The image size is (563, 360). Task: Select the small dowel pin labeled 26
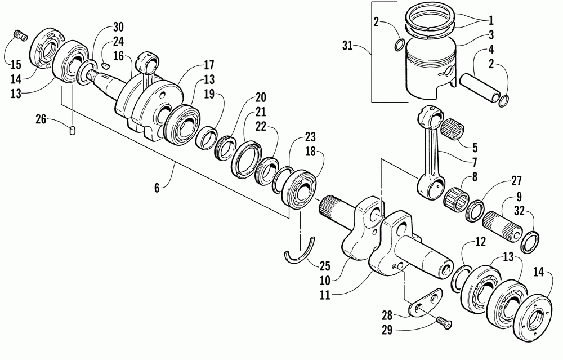[x=73, y=131]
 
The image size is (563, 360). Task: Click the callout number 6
[x=157, y=187]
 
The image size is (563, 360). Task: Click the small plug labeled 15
[x=19, y=36]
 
